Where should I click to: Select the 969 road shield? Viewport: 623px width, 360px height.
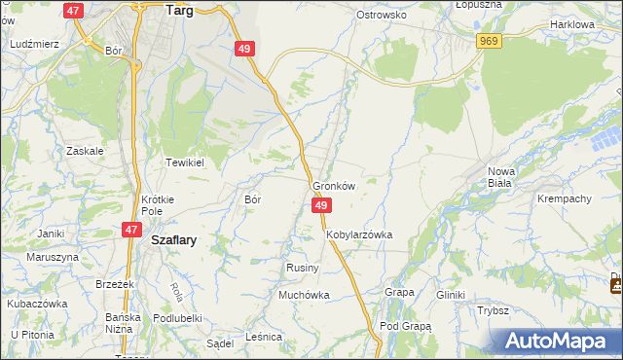click(x=490, y=40)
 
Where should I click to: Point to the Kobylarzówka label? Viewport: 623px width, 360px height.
click(x=359, y=234)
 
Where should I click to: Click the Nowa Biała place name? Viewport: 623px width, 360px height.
click(x=501, y=177)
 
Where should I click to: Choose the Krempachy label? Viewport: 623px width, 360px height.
click(x=564, y=198)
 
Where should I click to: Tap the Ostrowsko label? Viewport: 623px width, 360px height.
click(x=381, y=16)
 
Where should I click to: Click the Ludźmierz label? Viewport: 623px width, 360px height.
click(x=34, y=45)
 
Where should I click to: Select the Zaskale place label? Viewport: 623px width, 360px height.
click(x=85, y=151)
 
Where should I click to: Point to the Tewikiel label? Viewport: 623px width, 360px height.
click(x=184, y=162)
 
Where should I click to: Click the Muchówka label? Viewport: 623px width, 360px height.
click(x=305, y=294)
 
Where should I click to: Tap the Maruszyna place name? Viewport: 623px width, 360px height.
click(x=53, y=257)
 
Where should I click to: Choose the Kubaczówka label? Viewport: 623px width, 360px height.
click(x=38, y=303)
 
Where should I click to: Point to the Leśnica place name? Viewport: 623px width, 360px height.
click(x=264, y=336)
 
